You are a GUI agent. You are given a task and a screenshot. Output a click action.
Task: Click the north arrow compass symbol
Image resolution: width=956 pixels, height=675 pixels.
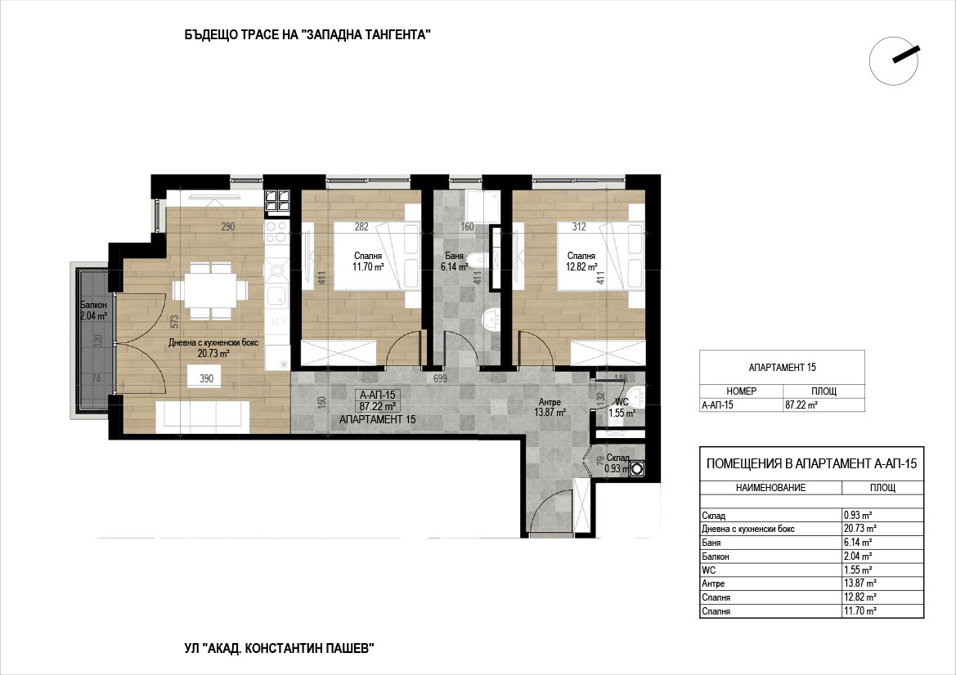[x=894, y=60]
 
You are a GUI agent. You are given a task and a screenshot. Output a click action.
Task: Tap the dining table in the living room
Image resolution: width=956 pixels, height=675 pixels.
[x=210, y=291]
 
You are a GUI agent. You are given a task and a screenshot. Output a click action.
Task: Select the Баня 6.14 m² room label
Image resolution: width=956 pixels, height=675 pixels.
[x=454, y=262]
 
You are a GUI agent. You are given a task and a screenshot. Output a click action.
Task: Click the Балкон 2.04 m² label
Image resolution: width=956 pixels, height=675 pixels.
[x=94, y=310]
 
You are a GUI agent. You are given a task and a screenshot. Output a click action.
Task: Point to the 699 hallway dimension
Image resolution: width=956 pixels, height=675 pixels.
[x=440, y=379]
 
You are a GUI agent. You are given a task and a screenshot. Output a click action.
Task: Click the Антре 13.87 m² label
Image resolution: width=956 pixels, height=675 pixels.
[x=550, y=407]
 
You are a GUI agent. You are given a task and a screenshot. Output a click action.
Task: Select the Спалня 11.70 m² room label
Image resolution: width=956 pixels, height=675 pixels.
[x=368, y=262]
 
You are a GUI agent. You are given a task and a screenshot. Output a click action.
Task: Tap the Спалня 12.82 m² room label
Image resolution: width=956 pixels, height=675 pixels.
[x=581, y=262]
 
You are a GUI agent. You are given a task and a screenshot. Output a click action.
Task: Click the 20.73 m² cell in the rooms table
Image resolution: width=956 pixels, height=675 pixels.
[x=860, y=528]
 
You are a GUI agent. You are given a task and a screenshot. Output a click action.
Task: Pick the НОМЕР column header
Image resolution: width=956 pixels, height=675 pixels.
[x=742, y=391]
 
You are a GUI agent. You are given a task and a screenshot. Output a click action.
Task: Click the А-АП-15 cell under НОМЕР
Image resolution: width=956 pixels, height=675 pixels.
[x=717, y=405]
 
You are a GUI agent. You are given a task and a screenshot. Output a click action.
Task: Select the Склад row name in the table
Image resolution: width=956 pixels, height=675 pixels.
[x=713, y=516]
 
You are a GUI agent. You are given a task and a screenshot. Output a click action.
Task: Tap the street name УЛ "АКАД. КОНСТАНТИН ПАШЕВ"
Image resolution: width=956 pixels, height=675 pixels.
[x=279, y=649]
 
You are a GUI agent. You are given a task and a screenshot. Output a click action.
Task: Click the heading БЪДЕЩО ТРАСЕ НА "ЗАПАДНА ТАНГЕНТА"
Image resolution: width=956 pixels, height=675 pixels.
[x=307, y=34]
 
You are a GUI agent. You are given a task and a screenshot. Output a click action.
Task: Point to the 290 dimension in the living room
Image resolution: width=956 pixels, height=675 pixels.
[x=227, y=226]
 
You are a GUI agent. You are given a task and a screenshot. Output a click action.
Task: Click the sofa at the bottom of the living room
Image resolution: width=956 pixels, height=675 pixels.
[x=203, y=417]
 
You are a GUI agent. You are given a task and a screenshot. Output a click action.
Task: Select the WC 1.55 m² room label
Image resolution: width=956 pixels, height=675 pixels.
[x=622, y=408]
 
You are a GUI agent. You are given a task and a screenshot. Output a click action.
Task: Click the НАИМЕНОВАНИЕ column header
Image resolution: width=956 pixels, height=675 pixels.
[x=770, y=487]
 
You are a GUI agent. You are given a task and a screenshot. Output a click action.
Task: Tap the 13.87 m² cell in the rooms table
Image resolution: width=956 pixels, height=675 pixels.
[x=860, y=583]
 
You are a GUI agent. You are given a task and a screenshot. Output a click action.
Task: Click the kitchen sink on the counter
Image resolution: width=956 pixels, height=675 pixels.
[x=277, y=296]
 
